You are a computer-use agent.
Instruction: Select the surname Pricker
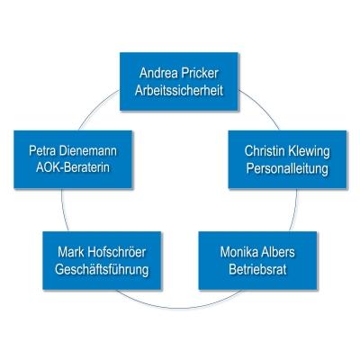pyautogui.click(x=200, y=73)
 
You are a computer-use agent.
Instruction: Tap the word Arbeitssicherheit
pyautogui.click(x=179, y=91)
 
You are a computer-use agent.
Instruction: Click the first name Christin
pyautogui.click(x=265, y=151)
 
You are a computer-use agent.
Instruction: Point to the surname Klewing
pyautogui.click(x=309, y=152)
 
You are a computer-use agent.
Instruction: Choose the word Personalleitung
pyautogui.click(x=287, y=169)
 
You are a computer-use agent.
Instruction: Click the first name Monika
pyautogui.click(x=239, y=252)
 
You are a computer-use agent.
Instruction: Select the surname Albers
pyautogui.click(x=278, y=252)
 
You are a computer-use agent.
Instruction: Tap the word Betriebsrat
pyautogui.click(x=257, y=269)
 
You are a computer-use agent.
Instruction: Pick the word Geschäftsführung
pyautogui.click(x=102, y=270)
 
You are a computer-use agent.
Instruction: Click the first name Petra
pyautogui.click(x=42, y=150)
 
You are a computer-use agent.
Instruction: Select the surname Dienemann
pyautogui.click(x=88, y=150)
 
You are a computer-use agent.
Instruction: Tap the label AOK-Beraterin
pyautogui.click(x=73, y=167)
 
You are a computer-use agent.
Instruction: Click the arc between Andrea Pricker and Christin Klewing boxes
pyautogui.click(x=262, y=107)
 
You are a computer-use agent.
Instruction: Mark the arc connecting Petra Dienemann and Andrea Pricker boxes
pyautogui.click(x=97, y=107)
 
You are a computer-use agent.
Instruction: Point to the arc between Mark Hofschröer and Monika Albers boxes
pyautogui.click(x=179, y=308)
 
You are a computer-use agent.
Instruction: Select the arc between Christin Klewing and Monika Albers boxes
pyautogui.click(x=295, y=211)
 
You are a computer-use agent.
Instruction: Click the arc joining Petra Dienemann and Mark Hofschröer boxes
pyautogui.click(x=63, y=211)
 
